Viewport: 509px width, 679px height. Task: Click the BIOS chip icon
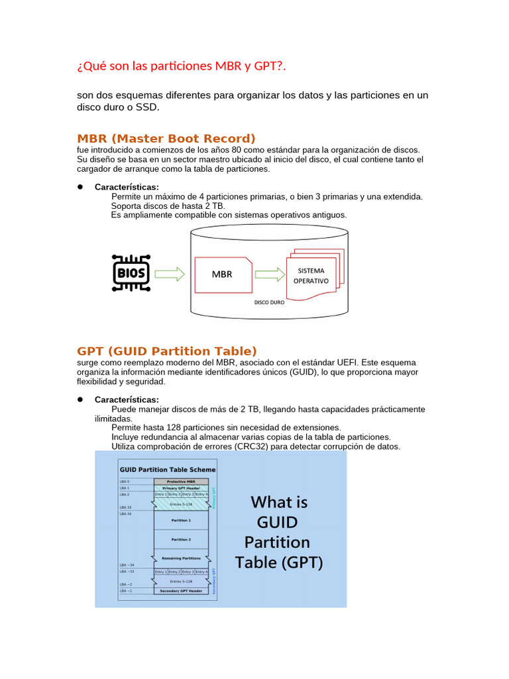[131, 273]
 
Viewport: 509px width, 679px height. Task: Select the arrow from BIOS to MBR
[170, 273]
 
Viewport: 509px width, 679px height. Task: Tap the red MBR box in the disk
[223, 273]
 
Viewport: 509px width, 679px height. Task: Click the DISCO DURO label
[269, 302]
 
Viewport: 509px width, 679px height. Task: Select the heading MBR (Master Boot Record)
[166, 139]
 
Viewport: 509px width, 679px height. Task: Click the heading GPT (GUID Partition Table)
[166, 351]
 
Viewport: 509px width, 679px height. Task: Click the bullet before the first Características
[80, 187]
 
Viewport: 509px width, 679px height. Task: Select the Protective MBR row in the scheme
[181, 481]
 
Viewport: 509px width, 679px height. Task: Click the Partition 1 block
[181, 521]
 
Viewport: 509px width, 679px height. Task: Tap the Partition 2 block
[181, 540]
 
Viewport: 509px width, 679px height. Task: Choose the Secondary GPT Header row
[181, 590]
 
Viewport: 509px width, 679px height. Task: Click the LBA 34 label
[125, 514]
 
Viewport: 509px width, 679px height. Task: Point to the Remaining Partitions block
[181, 558]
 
